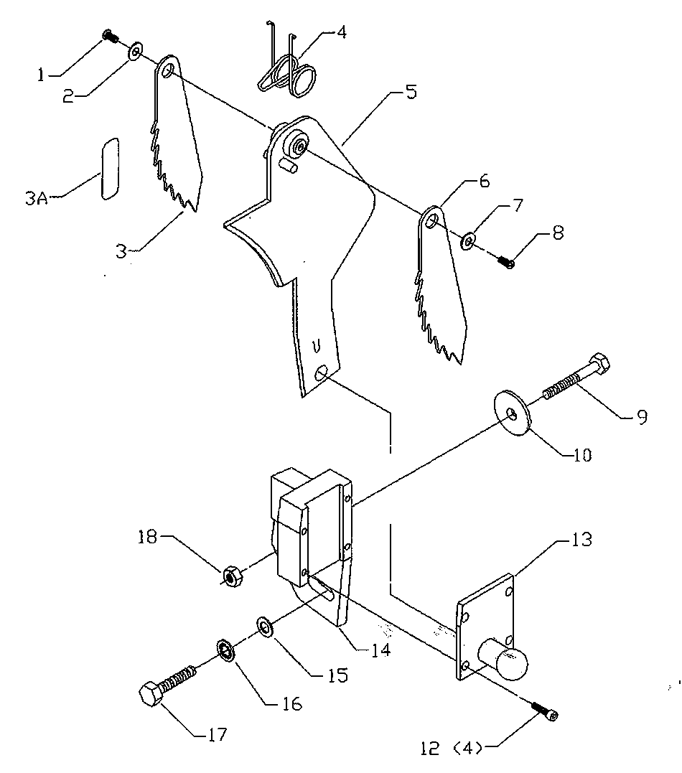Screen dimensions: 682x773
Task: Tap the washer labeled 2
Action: click(135, 51)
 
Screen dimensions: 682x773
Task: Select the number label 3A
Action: click(37, 198)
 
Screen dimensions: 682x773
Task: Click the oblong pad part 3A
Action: click(110, 169)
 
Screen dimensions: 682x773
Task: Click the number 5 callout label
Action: click(411, 93)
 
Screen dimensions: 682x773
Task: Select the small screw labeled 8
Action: click(505, 261)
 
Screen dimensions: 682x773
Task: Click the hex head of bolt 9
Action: click(599, 363)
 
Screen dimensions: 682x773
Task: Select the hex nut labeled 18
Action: click(232, 576)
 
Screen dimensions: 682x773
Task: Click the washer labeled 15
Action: click(266, 627)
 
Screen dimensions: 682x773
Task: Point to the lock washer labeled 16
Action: click(226, 650)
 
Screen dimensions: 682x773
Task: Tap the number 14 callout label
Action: click(380, 649)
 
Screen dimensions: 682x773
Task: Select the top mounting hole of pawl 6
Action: click(431, 220)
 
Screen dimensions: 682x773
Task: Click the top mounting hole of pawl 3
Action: click(167, 70)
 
